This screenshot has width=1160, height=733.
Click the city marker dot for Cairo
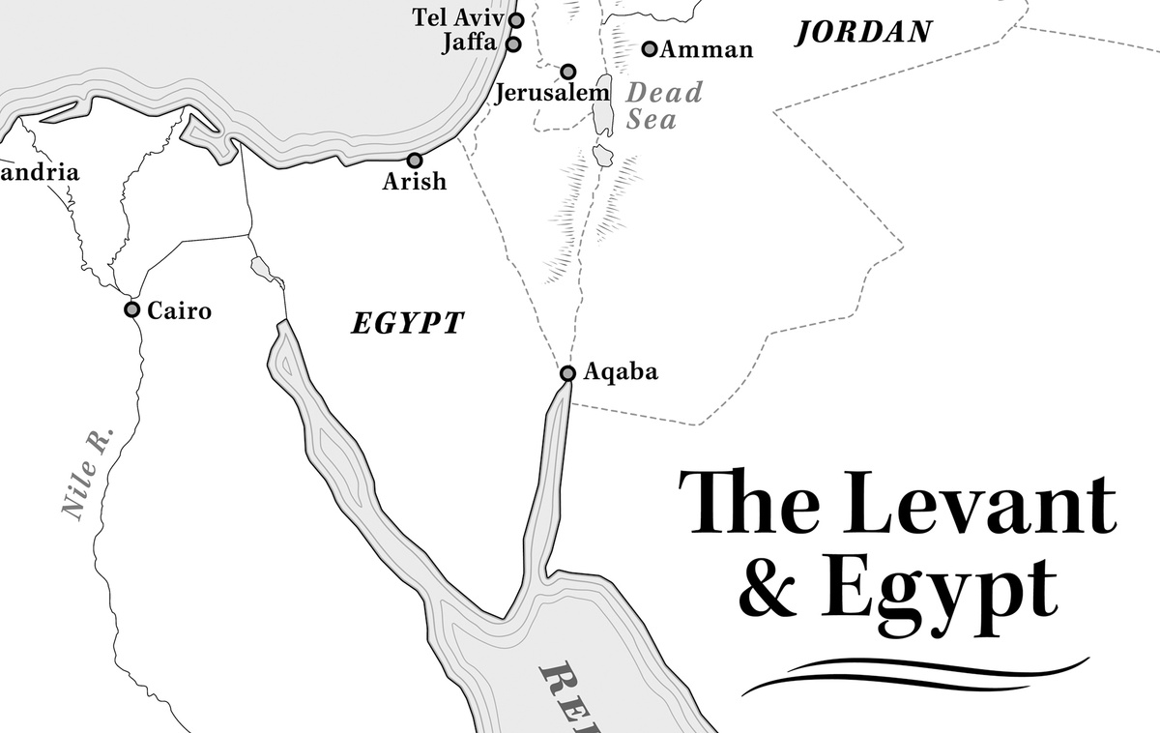131,309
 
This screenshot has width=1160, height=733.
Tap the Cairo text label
179,310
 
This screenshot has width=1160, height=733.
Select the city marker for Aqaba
567,373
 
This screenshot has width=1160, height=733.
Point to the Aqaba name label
622,371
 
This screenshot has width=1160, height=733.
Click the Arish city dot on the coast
415,161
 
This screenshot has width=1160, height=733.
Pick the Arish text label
415,181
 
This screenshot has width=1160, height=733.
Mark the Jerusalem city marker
568,72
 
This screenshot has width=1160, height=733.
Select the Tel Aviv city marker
516,19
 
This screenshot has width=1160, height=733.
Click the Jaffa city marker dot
513,44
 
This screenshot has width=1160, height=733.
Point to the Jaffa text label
469,44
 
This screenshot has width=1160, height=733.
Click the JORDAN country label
863,32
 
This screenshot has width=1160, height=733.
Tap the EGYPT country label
407,323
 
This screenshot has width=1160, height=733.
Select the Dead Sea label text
664,106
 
